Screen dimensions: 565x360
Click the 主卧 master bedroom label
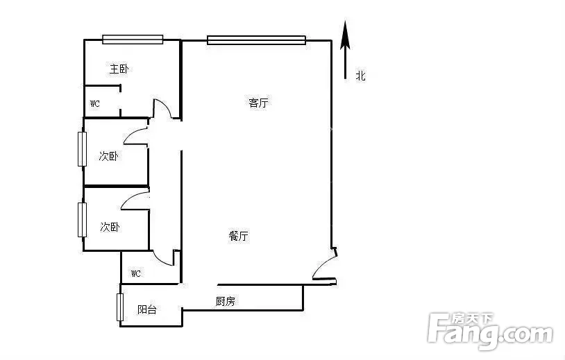tap(119, 69)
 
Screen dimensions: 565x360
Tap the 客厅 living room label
tap(258, 103)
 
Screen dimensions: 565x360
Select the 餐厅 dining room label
tap(239, 236)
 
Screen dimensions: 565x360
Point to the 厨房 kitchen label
tap(225, 301)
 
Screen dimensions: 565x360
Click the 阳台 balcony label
tap(147, 309)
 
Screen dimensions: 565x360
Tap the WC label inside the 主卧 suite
tap(95, 103)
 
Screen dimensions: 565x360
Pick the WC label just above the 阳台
tap(136, 273)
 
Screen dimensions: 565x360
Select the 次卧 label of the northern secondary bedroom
tap(108, 156)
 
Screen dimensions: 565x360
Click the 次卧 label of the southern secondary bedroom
tap(110, 227)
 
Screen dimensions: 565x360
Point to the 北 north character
tap(361, 76)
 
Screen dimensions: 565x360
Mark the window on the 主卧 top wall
tap(133, 40)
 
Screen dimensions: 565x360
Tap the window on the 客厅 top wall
tap(257, 40)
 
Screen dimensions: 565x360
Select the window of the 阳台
tap(120, 307)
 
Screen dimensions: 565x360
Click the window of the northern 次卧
tap(82, 149)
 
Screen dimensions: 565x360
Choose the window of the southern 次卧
tap(82, 220)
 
